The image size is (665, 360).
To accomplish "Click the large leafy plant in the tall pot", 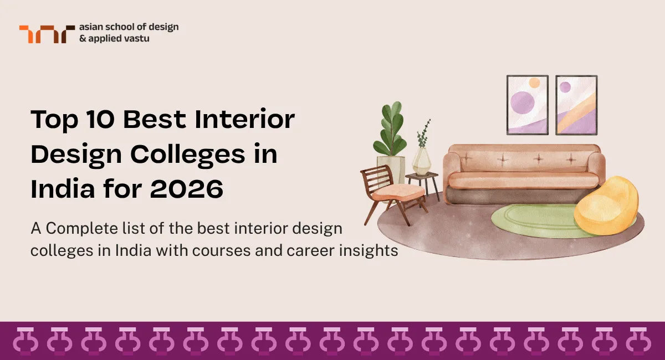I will click(x=391, y=130).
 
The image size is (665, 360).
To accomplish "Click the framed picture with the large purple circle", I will click(x=527, y=105).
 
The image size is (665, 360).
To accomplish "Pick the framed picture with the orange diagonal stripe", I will click(x=576, y=105).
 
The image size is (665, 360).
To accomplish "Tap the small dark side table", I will click(x=423, y=183).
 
